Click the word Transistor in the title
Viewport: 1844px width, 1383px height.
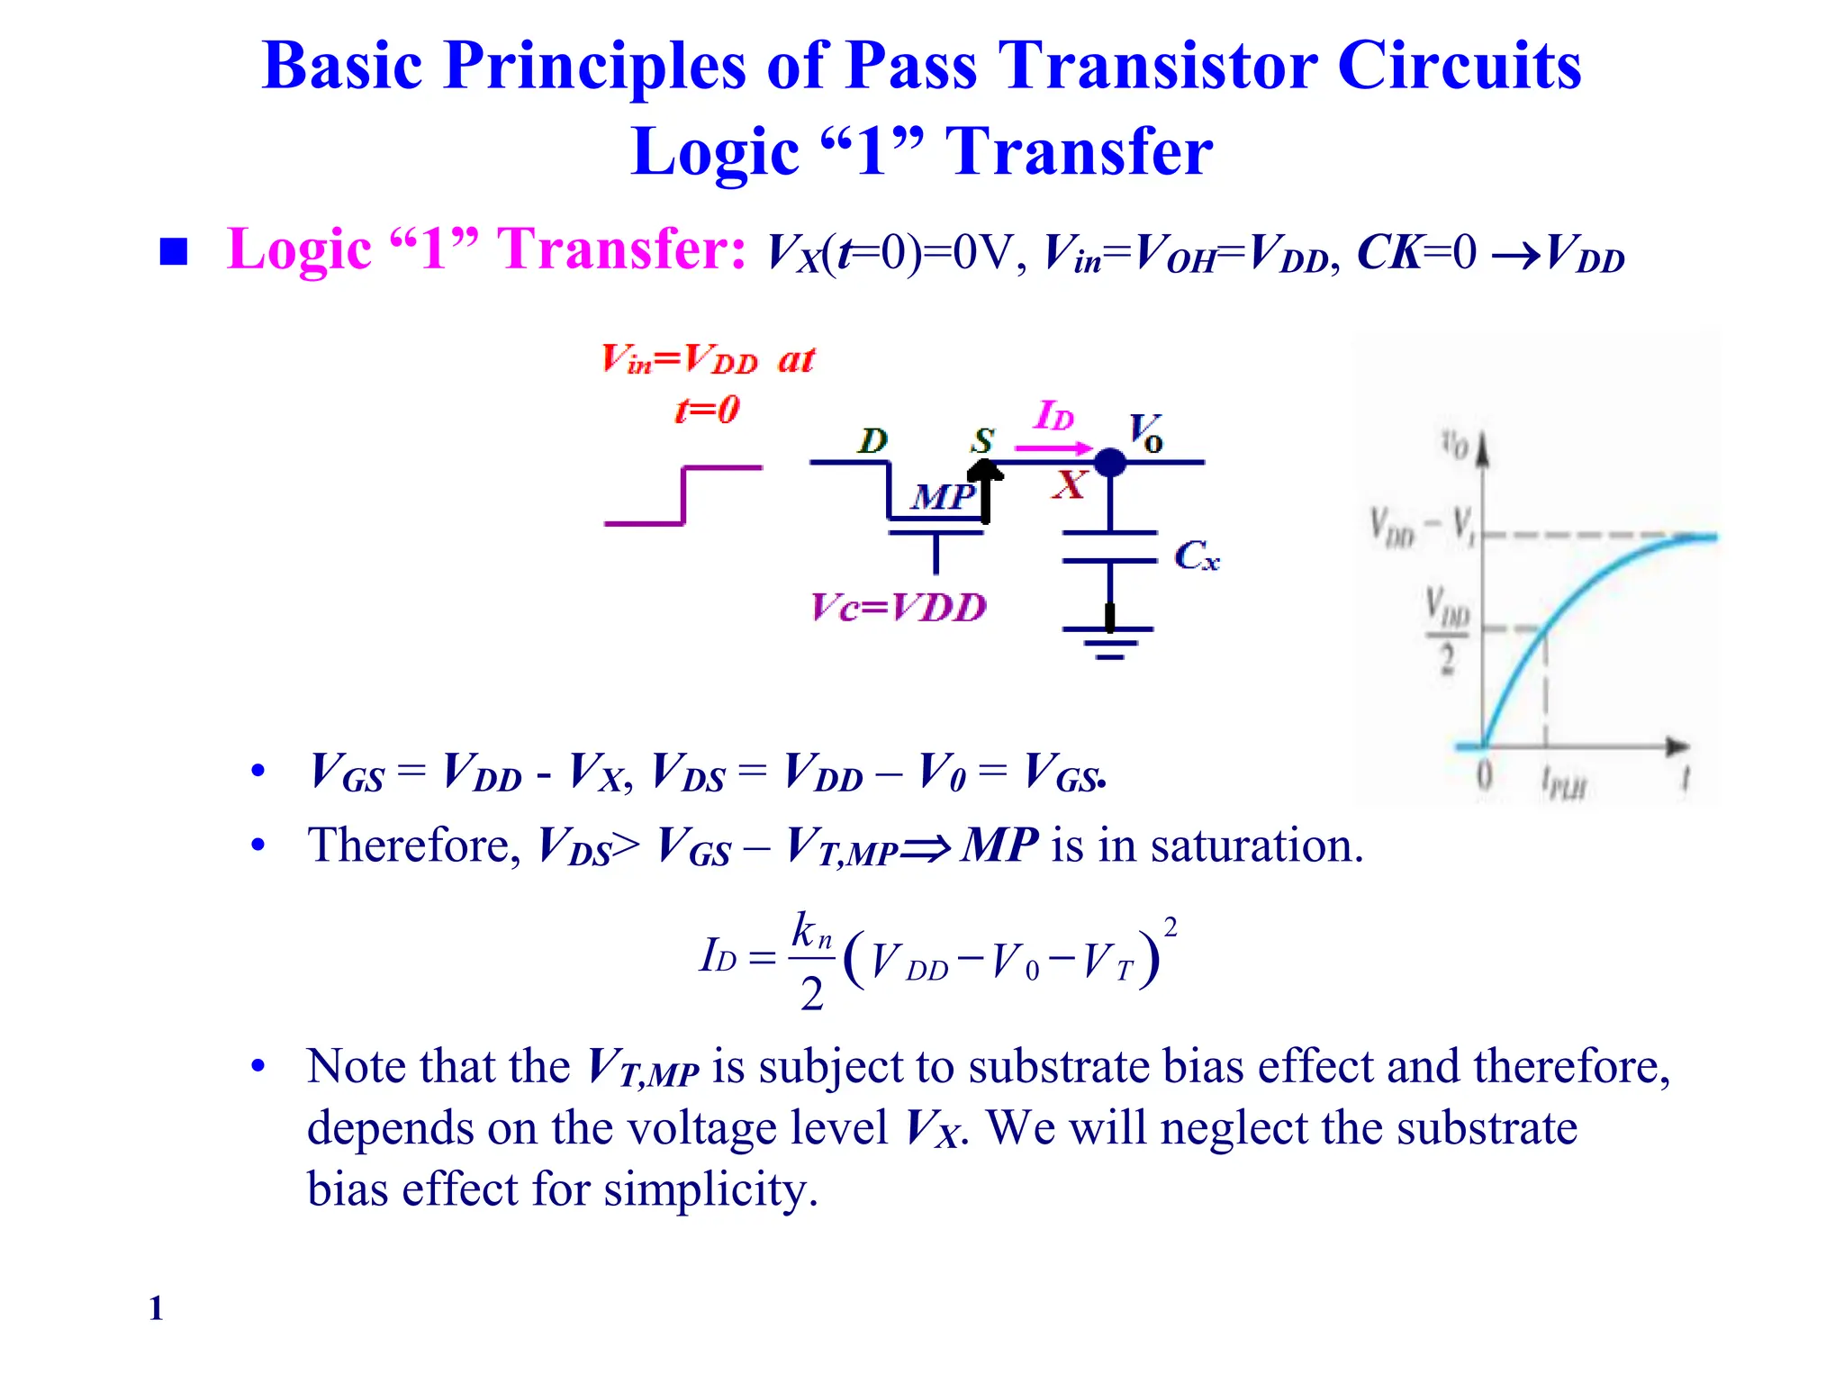[1160, 67]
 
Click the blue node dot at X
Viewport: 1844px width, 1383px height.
[1110, 463]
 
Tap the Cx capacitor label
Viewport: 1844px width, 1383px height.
[1197, 556]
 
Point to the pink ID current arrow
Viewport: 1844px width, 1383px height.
[1053, 447]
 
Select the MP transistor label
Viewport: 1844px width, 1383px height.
[941, 496]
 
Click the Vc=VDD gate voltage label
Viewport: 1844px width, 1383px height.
[899, 608]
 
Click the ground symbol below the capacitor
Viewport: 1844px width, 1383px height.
[1109, 642]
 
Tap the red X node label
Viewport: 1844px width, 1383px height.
[1070, 485]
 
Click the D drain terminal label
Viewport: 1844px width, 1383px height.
[872, 440]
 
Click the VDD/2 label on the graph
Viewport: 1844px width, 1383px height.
[1446, 629]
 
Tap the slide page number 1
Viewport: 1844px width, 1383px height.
[156, 1307]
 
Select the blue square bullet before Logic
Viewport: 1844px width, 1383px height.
[173, 252]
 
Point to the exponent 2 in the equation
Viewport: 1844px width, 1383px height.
[1170, 927]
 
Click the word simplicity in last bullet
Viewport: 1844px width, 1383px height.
[710, 1189]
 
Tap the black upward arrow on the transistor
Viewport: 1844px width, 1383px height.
[985, 491]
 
